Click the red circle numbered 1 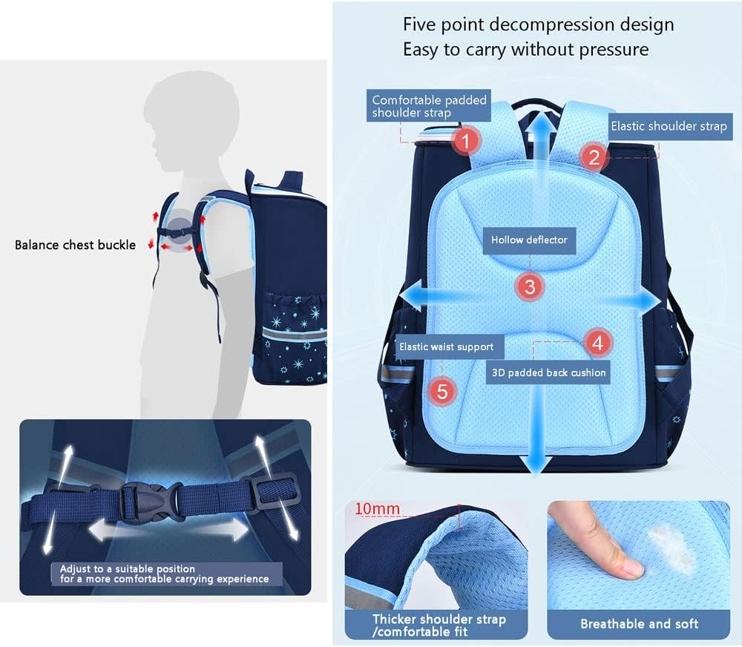pyautogui.click(x=465, y=140)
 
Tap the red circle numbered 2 pyautogui.click(x=594, y=157)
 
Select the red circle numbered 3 pyautogui.click(x=530, y=287)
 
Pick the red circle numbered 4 pyautogui.click(x=597, y=343)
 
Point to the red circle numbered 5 pyautogui.click(x=442, y=392)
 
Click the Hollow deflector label pyautogui.click(x=529, y=240)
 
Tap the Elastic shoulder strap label pyautogui.click(x=669, y=126)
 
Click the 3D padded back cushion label pyautogui.click(x=548, y=372)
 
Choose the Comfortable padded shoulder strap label pyautogui.click(x=429, y=106)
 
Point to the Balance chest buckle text pyautogui.click(x=75, y=245)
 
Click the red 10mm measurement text pyautogui.click(x=377, y=509)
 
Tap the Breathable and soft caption pyautogui.click(x=640, y=624)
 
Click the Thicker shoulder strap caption pyautogui.click(x=439, y=625)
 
